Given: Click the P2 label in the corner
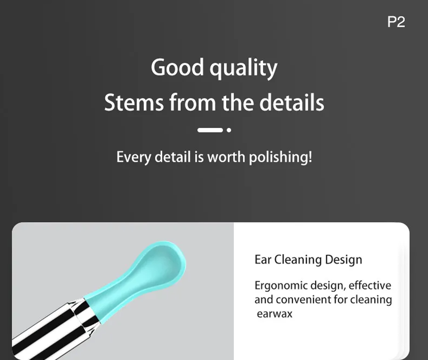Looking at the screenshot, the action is pyautogui.click(x=396, y=22).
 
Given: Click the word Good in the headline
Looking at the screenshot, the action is pyautogui.click(x=177, y=67).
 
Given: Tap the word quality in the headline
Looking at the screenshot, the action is pyautogui.click(x=243, y=69).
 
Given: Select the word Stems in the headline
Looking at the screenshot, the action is pyautogui.click(x=134, y=102).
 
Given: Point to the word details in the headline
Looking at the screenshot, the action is pyautogui.click(x=292, y=102).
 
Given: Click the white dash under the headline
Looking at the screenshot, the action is pyautogui.click(x=210, y=130).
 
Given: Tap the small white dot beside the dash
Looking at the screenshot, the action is pyautogui.click(x=229, y=130).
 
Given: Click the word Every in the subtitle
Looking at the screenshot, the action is pyautogui.click(x=134, y=157).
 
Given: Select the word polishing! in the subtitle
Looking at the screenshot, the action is pyautogui.click(x=280, y=157).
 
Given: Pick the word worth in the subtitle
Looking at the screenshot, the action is pyautogui.click(x=226, y=157).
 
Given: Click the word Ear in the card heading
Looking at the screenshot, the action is pyautogui.click(x=263, y=259).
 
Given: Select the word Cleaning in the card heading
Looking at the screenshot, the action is pyautogui.click(x=298, y=260).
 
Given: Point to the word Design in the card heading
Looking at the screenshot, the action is pyautogui.click(x=343, y=260).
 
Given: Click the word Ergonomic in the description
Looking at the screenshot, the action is pyautogui.click(x=281, y=286).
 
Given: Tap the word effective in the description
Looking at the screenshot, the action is pyautogui.click(x=370, y=285).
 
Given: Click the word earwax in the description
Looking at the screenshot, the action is pyautogui.click(x=275, y=314).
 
